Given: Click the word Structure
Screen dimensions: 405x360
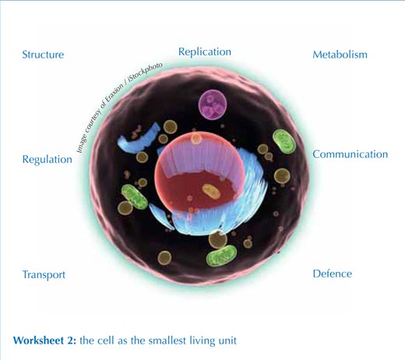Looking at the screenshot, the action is click(43, 55).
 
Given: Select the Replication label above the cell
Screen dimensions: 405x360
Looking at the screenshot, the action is click(205, 52).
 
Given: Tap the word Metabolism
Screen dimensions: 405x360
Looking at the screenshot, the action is click(340, 55).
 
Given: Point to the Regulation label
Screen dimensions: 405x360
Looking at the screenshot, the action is click(48, 160).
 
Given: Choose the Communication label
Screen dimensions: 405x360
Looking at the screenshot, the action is click(350, 154).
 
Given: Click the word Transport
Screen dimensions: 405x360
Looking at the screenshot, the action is click(44, 275).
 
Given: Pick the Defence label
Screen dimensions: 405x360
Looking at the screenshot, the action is click(333, 274).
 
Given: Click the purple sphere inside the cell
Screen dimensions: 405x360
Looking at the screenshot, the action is click(213, 104).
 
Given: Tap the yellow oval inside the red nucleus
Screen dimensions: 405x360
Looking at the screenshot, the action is click(211, 192).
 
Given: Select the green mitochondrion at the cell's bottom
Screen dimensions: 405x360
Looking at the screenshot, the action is click(221, 256).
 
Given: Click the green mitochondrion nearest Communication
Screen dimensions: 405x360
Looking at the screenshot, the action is click(284, 141).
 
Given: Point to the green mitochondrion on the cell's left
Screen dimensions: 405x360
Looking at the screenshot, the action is click(135, 196).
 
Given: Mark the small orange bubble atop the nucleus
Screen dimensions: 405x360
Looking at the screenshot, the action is click(196, 139).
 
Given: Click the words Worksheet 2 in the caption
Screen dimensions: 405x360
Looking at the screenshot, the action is click(44, 341).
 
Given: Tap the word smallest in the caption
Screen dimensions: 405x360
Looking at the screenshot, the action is click(167, 341).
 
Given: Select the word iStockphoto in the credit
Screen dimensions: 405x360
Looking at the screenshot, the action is click(146, 72).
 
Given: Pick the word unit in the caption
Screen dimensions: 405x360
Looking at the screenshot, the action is click(227, 341).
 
